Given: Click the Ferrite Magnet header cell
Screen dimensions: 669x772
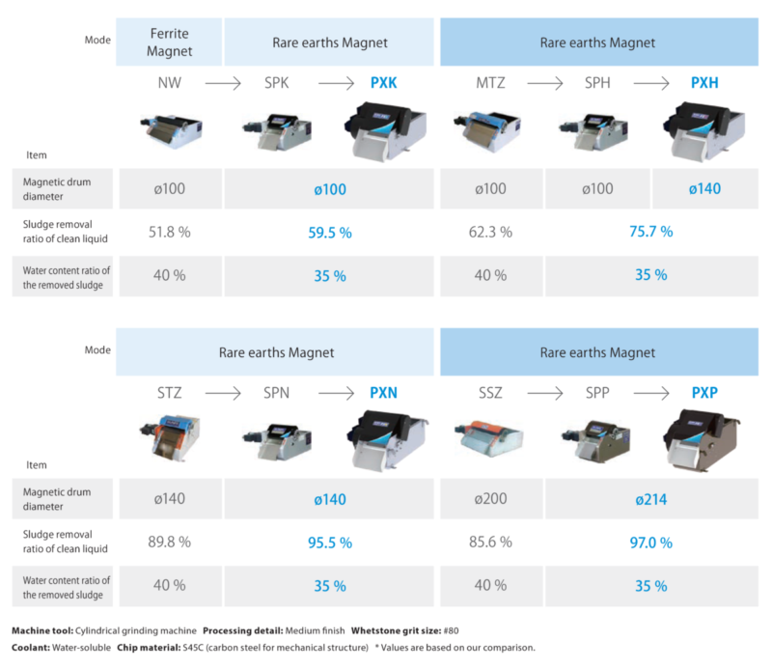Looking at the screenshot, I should (x=169, y=42).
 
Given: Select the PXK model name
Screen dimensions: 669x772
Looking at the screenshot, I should (x=384, y=84).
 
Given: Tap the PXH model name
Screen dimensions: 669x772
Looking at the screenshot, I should (x=705, y=84).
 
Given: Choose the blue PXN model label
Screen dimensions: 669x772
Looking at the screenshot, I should (x=384, y=394).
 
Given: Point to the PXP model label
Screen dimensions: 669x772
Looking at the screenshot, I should (x=705, y=394).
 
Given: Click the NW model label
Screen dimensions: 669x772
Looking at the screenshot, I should (x=169, y=84).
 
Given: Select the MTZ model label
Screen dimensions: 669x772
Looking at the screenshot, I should (x=491, y=84).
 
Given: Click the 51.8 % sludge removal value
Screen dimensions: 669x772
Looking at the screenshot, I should (x=169, y=232).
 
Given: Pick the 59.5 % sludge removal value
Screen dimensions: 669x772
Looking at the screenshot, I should (x=330, y=232).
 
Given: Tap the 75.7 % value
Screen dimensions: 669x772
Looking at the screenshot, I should (x=651, y=232).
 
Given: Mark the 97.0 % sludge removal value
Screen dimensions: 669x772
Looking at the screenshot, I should (x=651, y=543).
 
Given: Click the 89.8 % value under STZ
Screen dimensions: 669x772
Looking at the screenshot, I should (x=169, y=543).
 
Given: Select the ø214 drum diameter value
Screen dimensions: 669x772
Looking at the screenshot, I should (x=651, y=500).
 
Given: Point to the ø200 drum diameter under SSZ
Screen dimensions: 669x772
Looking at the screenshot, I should (x=491, y=500).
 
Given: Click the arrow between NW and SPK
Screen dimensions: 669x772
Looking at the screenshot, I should (x=223, y=84).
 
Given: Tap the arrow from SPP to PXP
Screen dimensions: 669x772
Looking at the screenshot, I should (x=651, y=394).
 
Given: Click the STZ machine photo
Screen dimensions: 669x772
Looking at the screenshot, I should (x=169, y=440).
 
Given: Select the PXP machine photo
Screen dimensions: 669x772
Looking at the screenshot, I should (x=703, y=439).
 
